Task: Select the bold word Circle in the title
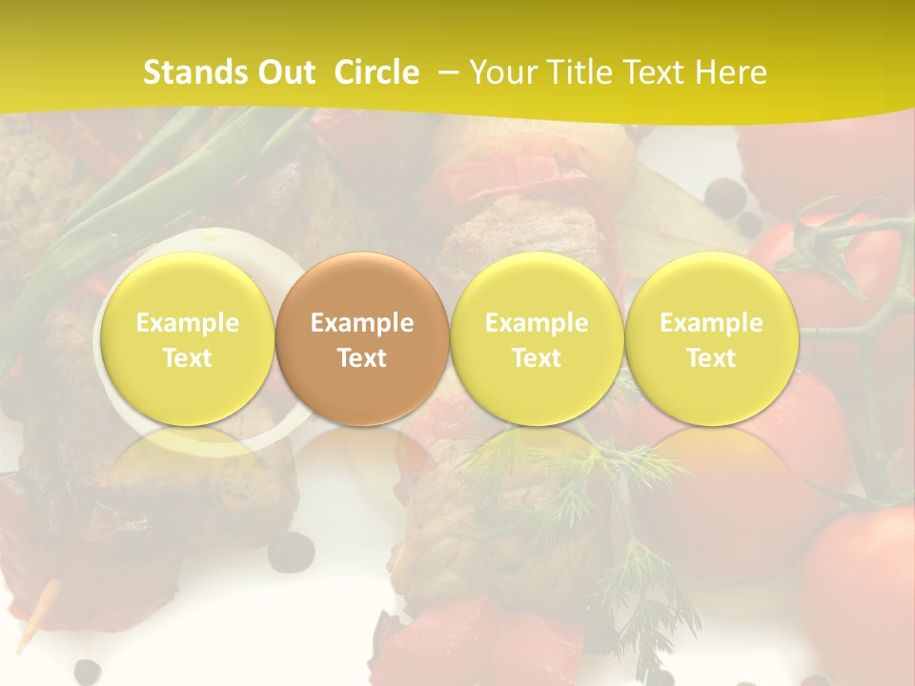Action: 376,72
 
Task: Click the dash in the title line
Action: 445,72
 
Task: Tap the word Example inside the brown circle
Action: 362,323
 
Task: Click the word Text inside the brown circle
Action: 362,358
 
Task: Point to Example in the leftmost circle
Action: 188,323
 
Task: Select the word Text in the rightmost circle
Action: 711,358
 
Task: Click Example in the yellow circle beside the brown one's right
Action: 537,323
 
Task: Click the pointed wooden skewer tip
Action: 29,624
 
